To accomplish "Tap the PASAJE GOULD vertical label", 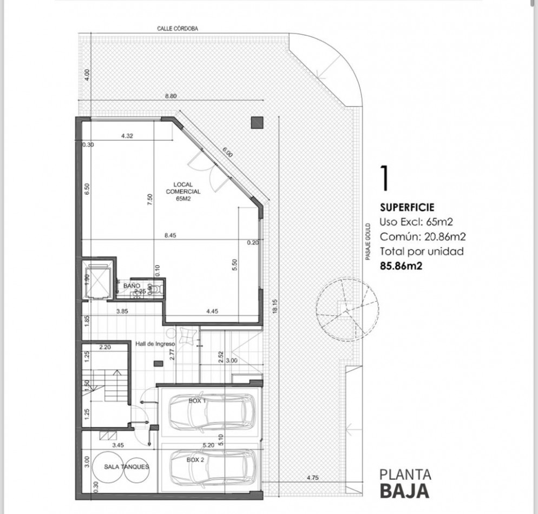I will pyautogui.click(x=367, y=241).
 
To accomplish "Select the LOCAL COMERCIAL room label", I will pyautogui.click(x=183, y=191).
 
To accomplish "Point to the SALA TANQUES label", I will pyautogui.click(x=120, y=466).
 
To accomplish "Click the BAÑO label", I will pyautogui.click(x=132, y=285).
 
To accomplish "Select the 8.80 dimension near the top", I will pyautogui.click(x=171, y=96).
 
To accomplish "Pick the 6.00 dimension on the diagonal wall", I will pyautogui.click(x=227, y=153).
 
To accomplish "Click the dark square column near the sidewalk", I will pyautogui.click(x=257, y=122).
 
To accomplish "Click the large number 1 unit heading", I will pyautogui.click(x=385, y=179).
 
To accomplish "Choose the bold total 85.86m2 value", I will pyautogui.click(x=401, y=265).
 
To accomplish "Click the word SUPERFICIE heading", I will pyautogui.click(x=406, y=207).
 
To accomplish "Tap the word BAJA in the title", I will pyautogui.click(x=404, y=491).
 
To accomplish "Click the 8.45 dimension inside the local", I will pyautogui.click(x=172, y=235).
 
